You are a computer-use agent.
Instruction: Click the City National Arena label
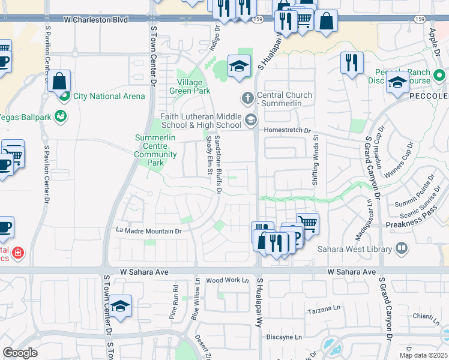tap(109, 96)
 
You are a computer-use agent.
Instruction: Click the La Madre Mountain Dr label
tap(148, 230)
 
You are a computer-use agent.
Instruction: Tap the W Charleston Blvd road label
tap(96, 20)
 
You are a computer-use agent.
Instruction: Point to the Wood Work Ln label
tap(227, 280)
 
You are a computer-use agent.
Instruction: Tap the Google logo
tap(20, 353)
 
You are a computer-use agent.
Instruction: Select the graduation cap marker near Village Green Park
tap(239, 66)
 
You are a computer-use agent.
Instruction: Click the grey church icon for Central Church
tap(248, 97)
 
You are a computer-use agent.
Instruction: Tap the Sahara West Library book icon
tap(402, 248)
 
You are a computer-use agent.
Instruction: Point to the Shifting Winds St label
tap(315, 163)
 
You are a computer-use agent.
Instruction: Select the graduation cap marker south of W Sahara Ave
tap(121, 307)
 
